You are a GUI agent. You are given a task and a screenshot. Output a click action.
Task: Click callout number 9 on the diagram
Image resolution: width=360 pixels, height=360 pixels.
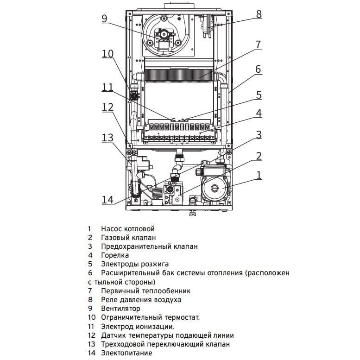pos(104,19)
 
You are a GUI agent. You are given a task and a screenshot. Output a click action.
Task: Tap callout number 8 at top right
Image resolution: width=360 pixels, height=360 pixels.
pos(259,14)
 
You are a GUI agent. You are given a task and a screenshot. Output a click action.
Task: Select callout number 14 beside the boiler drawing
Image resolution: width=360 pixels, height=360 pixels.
pos(107,200)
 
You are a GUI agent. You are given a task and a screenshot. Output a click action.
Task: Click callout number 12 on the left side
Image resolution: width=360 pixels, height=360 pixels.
pos(107,107)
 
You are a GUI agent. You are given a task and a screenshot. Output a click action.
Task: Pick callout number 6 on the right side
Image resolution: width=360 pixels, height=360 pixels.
pos(259,69)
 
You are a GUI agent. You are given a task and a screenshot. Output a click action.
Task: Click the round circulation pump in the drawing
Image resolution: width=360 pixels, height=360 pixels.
pos(215,188)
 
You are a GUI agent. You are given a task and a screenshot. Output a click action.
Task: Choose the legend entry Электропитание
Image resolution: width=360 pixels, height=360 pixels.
pos(126,353)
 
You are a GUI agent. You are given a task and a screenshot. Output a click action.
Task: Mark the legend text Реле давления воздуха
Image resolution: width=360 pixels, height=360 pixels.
pos(141,300)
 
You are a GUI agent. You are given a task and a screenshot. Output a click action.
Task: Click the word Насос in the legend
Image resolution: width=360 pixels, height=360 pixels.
pos(111,229)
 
